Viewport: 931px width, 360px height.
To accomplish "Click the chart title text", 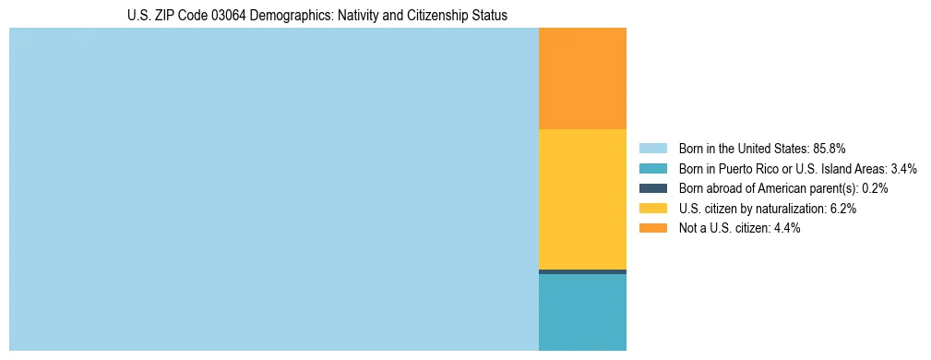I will point(317,16).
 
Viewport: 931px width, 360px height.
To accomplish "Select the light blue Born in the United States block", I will point(273,189).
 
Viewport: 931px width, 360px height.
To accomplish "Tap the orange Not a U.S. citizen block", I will point(582,78).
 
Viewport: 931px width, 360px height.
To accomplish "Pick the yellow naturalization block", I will point(582,198).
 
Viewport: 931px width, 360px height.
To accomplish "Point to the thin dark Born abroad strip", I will point(582,271).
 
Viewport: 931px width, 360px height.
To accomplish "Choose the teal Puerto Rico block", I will point(582,312).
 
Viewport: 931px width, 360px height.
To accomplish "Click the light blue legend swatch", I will point(652,148).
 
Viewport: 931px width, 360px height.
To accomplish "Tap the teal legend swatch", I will point(652,168).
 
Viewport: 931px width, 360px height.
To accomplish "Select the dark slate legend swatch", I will point(652,188).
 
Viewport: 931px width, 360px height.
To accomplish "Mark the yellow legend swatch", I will point(652,209).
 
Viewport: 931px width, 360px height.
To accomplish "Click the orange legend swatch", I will point(652,229).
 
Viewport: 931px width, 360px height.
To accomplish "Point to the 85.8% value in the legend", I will point(830,148).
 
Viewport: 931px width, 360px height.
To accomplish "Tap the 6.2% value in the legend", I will point(843,209).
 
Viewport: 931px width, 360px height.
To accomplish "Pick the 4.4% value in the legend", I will point(787,229).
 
